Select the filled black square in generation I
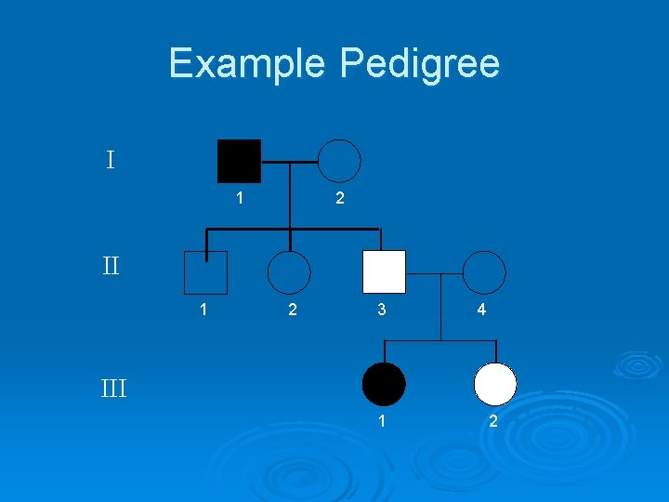[x=239, y=161]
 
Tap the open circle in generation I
[x=339, y=161]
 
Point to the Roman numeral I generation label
[x=111, y=161]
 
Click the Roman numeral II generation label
[x=111, y=268]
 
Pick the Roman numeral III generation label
[x=113, y=387]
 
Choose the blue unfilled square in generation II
[x=205, y=272]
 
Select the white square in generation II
[x=384, y=272]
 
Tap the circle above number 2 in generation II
[x=289, y=272]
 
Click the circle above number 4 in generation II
[x=484, y=272]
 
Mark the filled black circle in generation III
[x=384, y=384]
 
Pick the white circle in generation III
[x=494, y=384]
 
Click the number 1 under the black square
[x=240, y=198]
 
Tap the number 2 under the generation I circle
[x=339, y=198]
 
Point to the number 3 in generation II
[x=382, y=310]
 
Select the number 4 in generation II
[x=481, y=310]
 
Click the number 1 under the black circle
[x=382, y=422]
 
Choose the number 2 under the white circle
[x=493, y=422]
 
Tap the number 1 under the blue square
[x=203, y=310]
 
